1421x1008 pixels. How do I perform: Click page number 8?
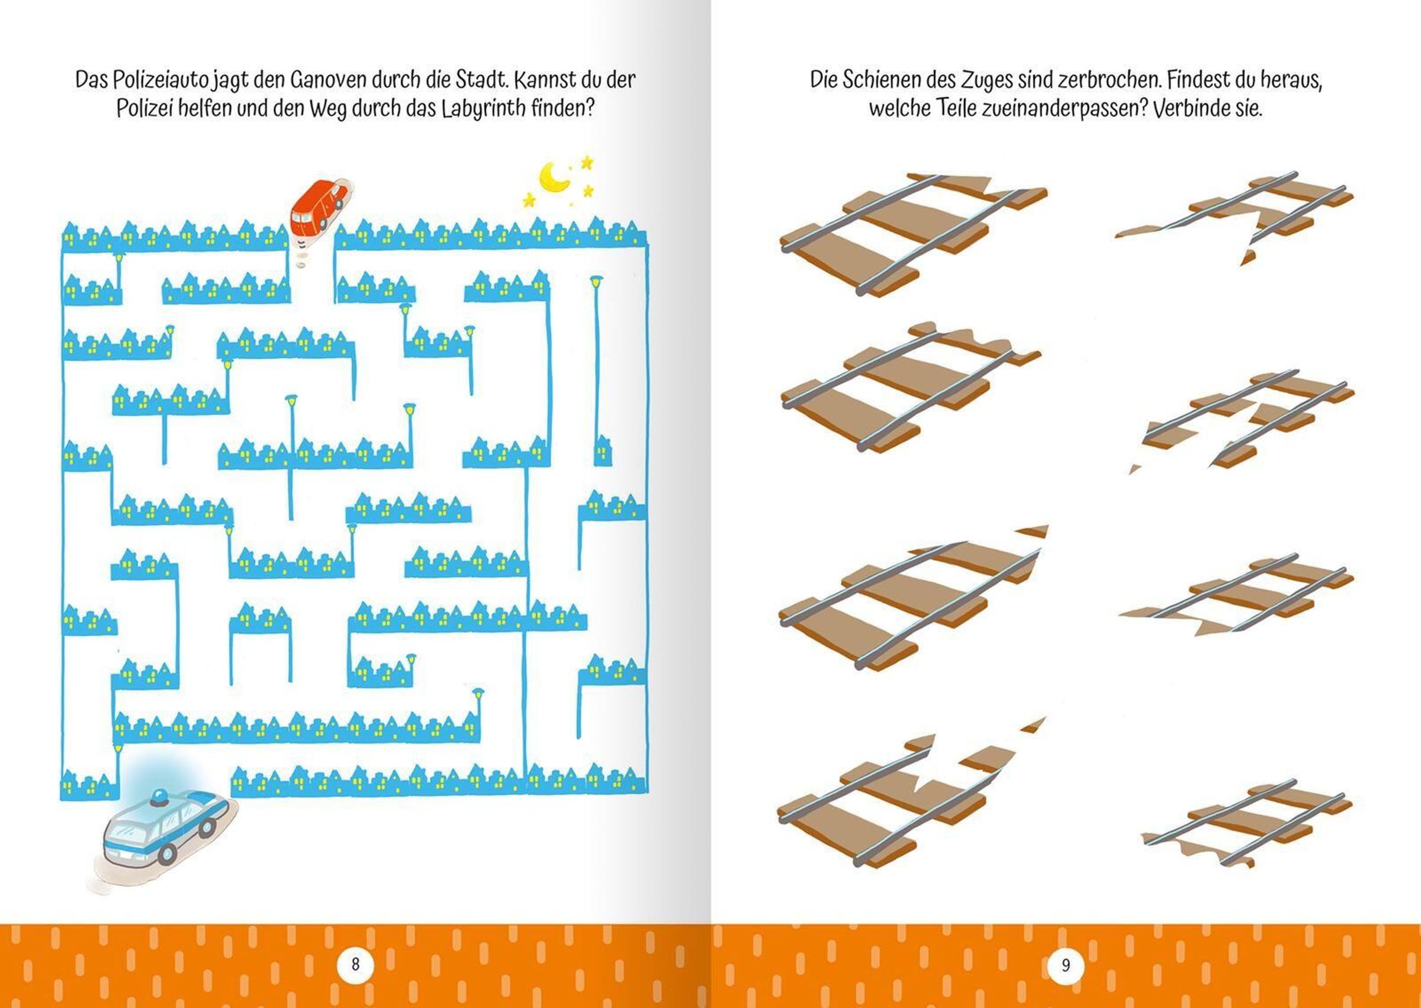click(x=355, y=964)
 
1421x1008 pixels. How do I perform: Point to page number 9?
click(x=1066, y=965)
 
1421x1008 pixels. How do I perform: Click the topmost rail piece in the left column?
click(x=912, y=234)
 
